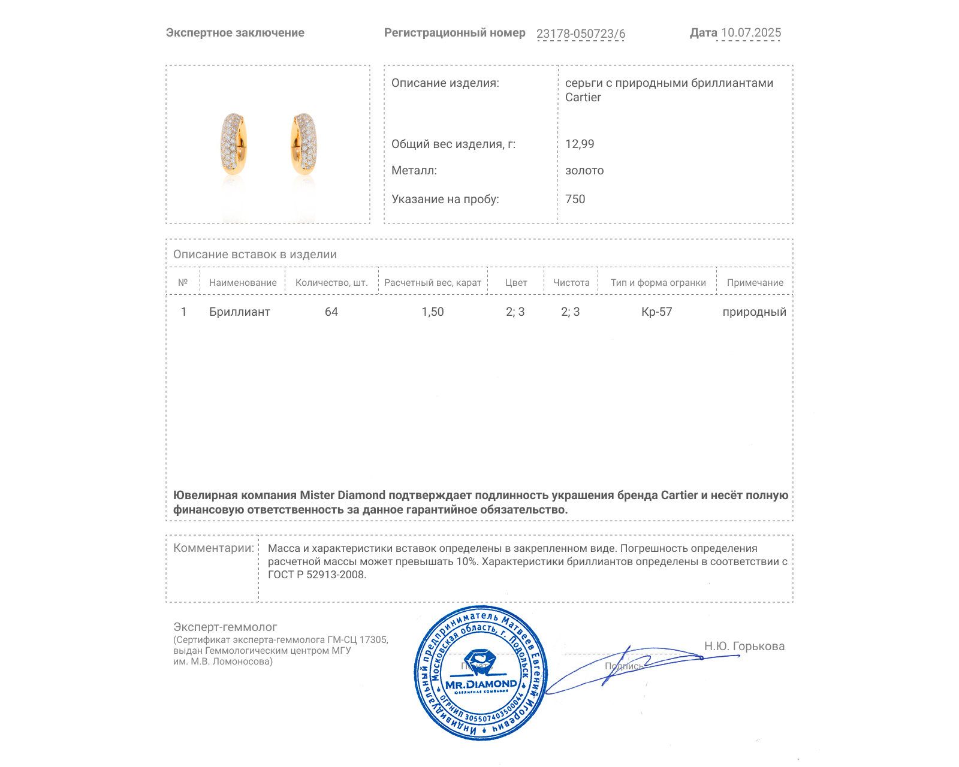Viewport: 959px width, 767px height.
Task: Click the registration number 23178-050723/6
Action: click(x=580, y=34)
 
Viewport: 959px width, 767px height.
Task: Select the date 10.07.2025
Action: click(x=750, y=33)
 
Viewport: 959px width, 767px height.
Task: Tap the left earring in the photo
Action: click(x=233, y=144)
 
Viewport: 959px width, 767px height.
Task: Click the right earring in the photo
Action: click(x=304, y=144)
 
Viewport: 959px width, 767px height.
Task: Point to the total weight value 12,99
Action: click(x=580, y=144)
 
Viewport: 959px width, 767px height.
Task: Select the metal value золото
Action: click(x=584, y=171)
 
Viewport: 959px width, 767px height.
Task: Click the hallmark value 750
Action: click(x=575, y=199)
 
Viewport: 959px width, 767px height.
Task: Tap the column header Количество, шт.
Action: click(x=331, y=283)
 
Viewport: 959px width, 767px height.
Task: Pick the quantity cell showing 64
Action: click(x=331, y=312)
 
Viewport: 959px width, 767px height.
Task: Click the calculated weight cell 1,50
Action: click(x=432, y=312)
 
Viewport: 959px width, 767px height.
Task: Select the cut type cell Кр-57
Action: click(x=657, y=312)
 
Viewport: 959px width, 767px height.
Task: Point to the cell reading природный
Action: click(x=754, y=312)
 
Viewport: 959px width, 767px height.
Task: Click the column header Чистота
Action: click(x=571, y=283)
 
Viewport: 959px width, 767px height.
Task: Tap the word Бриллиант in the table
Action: click(x=239, y=312)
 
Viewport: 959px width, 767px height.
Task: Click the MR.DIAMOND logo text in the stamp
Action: click(x=481, y=684)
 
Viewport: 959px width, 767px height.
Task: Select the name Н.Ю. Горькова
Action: click(x=744, y=646)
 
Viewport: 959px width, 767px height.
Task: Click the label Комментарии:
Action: click(x=213, y=548)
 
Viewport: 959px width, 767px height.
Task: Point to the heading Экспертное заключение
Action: click(x=235, y=33)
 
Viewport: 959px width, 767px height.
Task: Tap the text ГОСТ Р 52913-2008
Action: click(x=316, y=575)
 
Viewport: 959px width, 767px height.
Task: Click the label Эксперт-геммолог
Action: click(x=225, y=627)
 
